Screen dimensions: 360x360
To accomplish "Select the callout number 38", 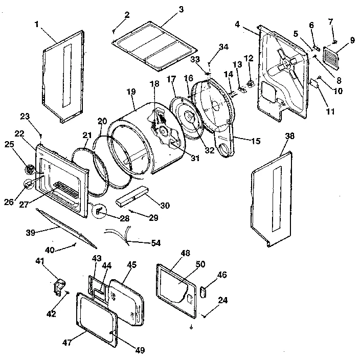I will pos(290,137).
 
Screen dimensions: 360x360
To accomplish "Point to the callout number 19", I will pos(131,92).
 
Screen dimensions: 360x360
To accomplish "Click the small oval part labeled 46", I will pos(201,291).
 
